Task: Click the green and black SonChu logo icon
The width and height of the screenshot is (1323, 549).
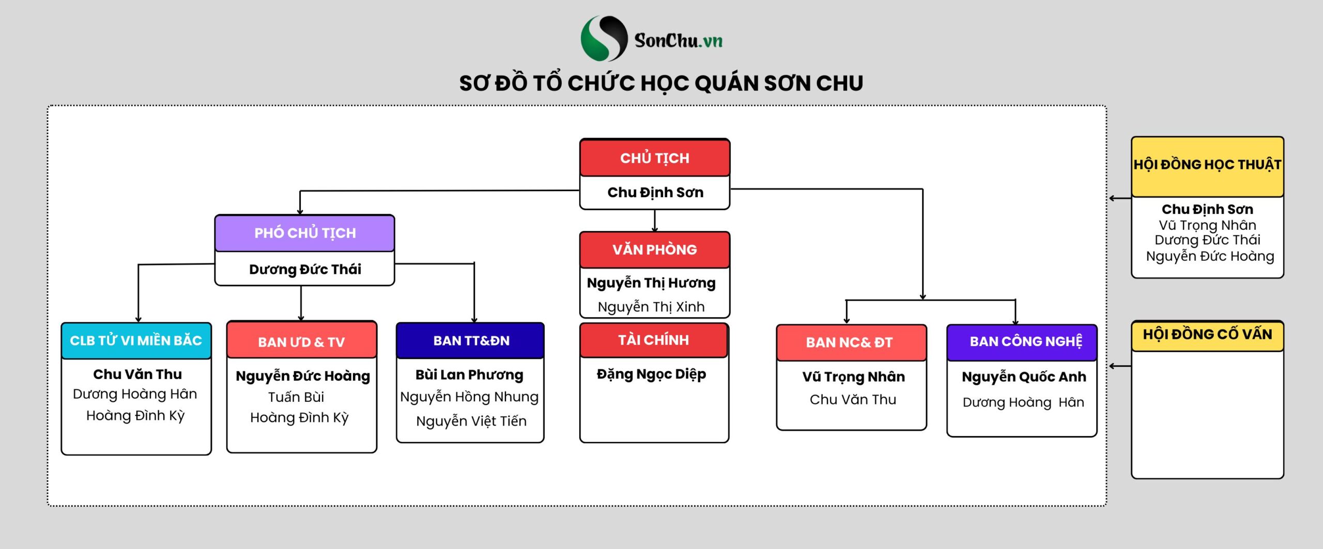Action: click(x=604, y=39)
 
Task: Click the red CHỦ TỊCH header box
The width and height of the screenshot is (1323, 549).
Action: click(x=654, y=158)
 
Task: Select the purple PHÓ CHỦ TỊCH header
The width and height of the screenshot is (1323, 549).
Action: click(x=305, y=233)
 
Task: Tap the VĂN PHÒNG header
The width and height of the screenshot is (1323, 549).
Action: click(x=654, y=250)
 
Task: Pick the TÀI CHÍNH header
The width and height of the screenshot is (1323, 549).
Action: click(x=654, y=340)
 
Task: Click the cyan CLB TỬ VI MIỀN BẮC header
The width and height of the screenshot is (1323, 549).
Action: click(x=136, y=341)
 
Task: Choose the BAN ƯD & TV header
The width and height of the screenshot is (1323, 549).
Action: click(x=301, y=342)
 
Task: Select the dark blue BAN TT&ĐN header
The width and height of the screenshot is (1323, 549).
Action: click(x=471, y=341)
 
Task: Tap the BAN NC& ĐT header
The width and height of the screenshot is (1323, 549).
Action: click(x=850, y=342)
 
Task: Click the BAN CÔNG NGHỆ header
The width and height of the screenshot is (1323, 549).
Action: click(x=1025, y=342)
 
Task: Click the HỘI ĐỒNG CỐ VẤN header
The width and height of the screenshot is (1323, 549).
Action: click(x=1207, y=335)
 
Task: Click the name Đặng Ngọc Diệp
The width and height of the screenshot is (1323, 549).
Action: click(x=651, y=374)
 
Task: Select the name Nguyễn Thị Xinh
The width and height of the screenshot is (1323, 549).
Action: click(x=651, y=307)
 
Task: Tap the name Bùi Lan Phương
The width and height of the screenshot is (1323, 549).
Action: click(x=469, y=375)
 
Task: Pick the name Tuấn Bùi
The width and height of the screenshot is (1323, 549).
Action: click(x=296, y=397)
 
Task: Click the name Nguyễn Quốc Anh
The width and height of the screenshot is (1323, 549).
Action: click(x=1024, y=377)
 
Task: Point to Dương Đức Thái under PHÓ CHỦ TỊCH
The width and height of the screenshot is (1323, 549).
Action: click(x=305, y=270)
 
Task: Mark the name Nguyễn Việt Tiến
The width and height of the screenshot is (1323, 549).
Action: click(x=471, y=421)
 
